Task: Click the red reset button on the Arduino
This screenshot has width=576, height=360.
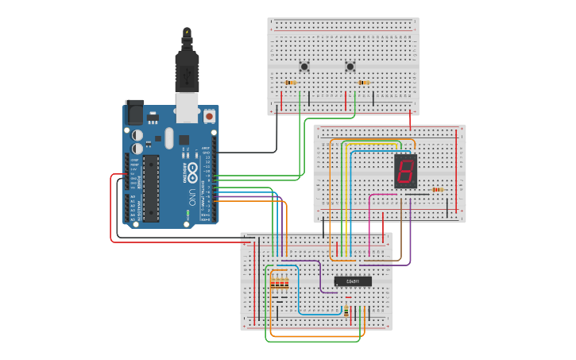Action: [209, 116]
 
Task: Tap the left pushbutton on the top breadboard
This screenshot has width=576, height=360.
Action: [303, 66]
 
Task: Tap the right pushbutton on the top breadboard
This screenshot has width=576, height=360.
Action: [350, 66]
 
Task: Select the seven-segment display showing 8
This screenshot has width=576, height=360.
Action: [405, 171]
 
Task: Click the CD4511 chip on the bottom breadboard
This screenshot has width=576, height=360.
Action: [353, 281]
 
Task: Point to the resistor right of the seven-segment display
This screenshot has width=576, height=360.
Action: [437, 190]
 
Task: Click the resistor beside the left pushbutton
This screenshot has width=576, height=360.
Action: [290, 83]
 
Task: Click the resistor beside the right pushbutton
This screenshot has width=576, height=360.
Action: [364, 83]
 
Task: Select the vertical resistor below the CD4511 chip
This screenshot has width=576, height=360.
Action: [346, 311]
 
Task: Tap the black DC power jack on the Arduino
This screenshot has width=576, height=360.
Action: [133, 112]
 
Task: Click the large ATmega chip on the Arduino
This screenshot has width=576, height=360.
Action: [150, 188]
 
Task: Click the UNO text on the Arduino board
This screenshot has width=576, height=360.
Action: [191, 194]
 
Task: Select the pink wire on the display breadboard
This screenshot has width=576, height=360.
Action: [369, 215]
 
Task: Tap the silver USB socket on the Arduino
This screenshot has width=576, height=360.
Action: [187, 107]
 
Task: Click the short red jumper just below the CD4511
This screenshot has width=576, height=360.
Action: [348, 297]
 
